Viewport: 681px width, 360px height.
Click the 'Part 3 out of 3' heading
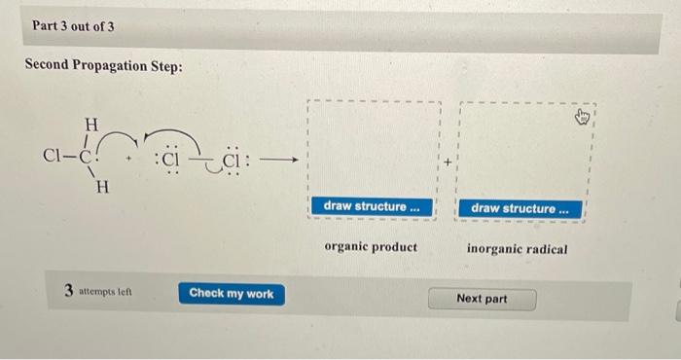[x=74, y=26]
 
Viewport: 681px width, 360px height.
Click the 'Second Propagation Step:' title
[x=102, y=69]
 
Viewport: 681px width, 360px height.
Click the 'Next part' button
[x=482, y=298]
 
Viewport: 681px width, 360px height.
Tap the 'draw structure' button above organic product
[x=373, y=206]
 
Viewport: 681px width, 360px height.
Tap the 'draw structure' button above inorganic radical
[x=525, y=208]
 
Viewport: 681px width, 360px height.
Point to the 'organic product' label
[x=371, y=247]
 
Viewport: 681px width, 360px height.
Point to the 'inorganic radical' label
[x=518, y=249]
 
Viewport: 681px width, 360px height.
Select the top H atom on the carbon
[x=91, y=125]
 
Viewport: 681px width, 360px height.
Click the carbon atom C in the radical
[x=86, y=155]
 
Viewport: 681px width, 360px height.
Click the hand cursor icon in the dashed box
[x=583, y=118]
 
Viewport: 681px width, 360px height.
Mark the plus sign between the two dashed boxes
[x=449, y=163]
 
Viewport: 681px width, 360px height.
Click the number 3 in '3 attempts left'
[x=69, y=290]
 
